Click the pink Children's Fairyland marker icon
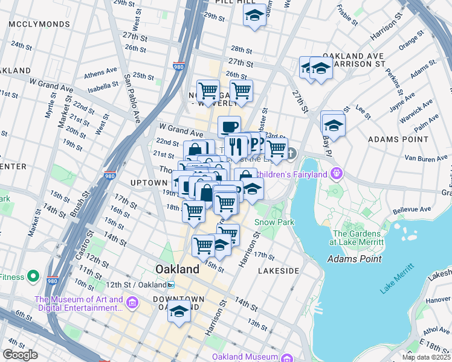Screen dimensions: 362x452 337,174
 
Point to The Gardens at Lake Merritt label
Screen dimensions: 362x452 358,238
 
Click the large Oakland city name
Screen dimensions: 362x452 177,268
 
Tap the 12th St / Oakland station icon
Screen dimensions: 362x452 171,285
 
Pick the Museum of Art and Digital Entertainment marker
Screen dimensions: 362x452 134,302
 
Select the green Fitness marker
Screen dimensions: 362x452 34,277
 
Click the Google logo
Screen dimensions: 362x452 20,354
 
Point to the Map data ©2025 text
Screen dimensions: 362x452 426,357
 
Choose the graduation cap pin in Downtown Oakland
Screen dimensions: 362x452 179,311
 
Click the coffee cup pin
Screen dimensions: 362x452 229,127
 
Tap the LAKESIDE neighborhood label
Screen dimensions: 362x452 279,271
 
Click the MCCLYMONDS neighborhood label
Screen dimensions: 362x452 31,24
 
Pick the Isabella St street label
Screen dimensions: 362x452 103,87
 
